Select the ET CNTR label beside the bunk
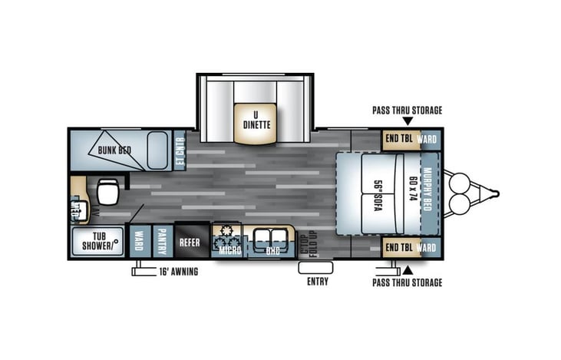pos(180,150)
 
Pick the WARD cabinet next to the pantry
pos(139,241)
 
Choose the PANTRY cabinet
pos(162,241)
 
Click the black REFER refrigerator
pos(190,241)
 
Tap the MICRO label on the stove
pos(227,249)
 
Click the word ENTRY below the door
pos(316,282)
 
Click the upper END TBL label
pos(400,140)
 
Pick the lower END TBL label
pos(400,248)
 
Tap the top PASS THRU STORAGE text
pos(407,111)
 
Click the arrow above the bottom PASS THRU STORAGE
pos(408,270)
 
